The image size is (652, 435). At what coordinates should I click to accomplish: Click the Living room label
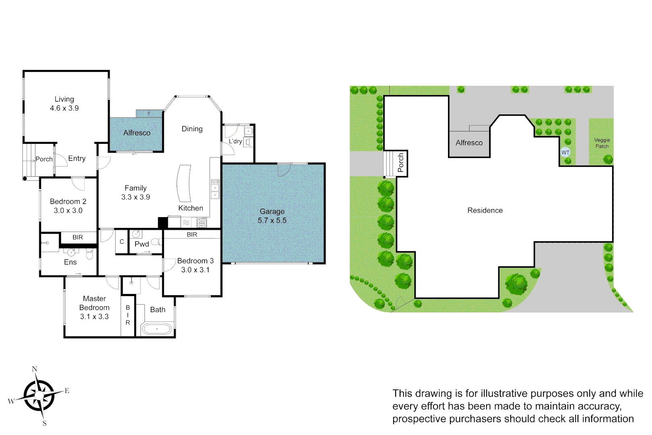[64, 104]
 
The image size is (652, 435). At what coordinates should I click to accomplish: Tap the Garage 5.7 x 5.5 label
[272, 216]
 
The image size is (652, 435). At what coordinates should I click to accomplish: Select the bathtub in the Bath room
[157, 329]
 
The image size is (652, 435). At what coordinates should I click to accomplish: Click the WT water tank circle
[565, 152]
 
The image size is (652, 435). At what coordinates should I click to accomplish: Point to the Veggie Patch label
[602, 143]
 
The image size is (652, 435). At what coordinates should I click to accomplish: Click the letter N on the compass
[35, 369]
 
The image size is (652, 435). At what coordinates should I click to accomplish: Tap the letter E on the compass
[67, 391]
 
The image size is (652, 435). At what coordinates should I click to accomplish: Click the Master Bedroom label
[94, 307]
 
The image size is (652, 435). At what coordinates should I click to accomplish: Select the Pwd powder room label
[142, 244]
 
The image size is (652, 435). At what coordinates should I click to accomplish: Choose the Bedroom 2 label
[68, 206]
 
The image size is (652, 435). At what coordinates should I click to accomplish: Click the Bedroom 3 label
[195, 265]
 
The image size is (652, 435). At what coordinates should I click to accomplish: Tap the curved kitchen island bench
[184, 183]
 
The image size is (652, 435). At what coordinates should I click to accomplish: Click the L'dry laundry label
[235, 141]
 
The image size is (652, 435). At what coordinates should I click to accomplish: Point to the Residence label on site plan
[485, 210]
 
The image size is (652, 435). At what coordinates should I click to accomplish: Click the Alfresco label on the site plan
[469, 143]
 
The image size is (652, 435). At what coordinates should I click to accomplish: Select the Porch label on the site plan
[400, 163]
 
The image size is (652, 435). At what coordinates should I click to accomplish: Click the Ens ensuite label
[70, 262]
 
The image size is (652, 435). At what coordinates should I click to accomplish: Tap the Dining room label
[192, 129]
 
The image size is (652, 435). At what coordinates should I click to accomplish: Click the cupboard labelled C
[122, 242]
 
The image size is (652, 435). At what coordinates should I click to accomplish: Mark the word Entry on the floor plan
[77, 158]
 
